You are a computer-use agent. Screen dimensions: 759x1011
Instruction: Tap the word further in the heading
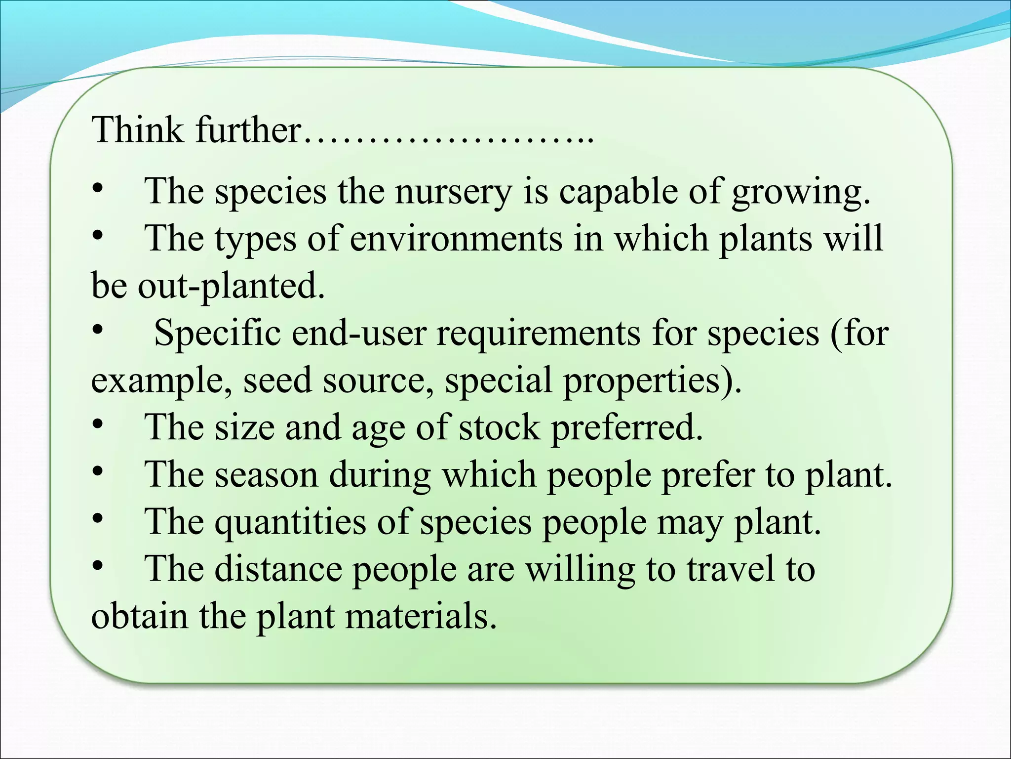[248, 129]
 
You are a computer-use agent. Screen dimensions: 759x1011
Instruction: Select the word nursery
[453, 192]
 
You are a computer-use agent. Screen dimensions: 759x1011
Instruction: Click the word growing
[800, 192]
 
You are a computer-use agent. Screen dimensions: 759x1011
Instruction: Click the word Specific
[217, 333]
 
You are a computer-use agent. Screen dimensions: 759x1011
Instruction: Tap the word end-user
[359, 333]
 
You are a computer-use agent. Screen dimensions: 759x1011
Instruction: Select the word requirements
[539, 334]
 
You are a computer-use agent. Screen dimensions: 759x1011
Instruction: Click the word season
[266, 474]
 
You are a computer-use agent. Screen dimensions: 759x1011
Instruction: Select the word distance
[278, 569]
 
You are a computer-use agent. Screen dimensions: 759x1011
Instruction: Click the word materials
[420, 616]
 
